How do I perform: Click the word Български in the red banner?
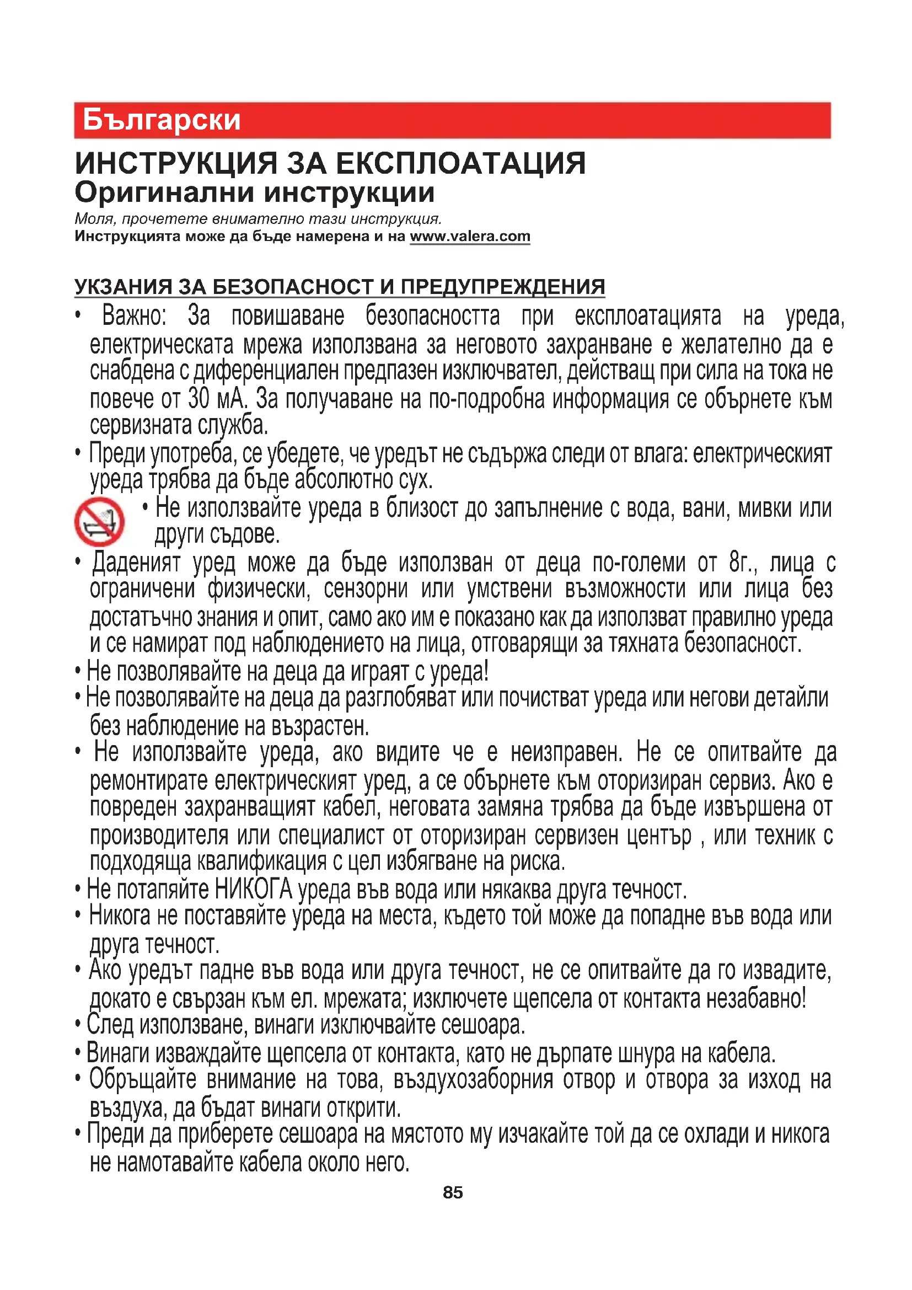161,120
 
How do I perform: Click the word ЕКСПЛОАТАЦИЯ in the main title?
460,163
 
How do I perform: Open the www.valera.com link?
469,237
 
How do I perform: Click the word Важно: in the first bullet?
134,316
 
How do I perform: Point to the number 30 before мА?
199,399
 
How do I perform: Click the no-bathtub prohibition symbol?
99,521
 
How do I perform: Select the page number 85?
453,1192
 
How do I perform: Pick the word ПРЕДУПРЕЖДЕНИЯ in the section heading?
502,287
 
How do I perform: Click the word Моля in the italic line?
94,219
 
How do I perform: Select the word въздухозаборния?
474,1079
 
